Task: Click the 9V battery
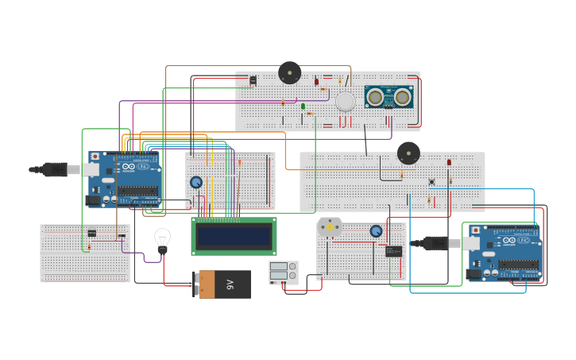pos(222,285)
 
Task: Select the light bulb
pos(162,240)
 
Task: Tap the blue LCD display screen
pos(234,236)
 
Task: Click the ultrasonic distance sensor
pos(389,97)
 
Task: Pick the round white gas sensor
pos(345,101)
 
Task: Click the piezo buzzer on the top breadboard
pos(289,73)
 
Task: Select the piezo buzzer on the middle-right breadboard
pos(408,153)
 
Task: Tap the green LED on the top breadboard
pos(303,106)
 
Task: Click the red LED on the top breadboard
pos(316,82)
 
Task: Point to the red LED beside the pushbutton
pos(449,163)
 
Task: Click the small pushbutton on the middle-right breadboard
pos(431,182)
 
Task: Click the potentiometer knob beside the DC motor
pos(376,231)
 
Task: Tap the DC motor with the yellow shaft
pos(329,227)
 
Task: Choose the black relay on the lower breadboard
pos(393,251)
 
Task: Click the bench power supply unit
pos(283,273)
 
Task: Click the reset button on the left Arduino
pos(95,157)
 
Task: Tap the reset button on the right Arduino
pos(474,230)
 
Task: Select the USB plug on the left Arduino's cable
pos(54,169)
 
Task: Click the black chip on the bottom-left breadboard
pos(92,233)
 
